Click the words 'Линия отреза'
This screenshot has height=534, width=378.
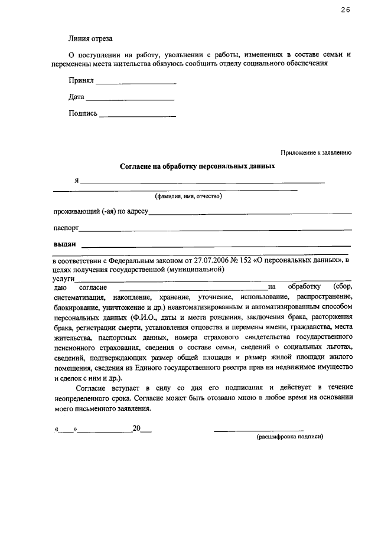point(89,39)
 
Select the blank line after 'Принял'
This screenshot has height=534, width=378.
point(135,82)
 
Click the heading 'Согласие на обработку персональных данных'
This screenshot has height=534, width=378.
point(198,166)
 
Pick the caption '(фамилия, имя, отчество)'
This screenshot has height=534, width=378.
point(188,196)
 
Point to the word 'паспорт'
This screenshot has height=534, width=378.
point(66,227)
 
